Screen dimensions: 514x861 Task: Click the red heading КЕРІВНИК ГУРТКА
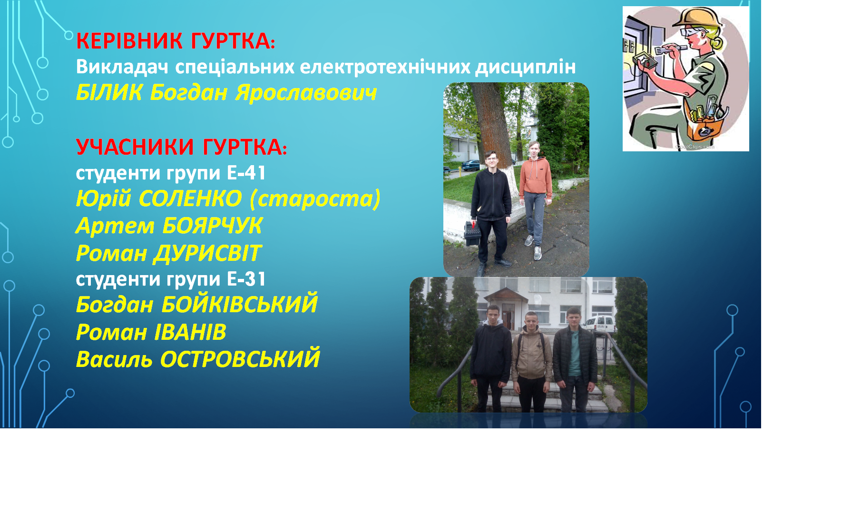point(175,41)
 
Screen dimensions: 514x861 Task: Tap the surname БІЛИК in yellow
point(109,92)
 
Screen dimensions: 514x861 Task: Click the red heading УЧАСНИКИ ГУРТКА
point(181,147)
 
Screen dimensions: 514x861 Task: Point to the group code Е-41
point(246,173)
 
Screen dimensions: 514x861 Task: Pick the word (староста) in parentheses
point(315,199)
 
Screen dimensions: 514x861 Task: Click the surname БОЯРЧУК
point(212,226)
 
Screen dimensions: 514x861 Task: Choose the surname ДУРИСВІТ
point(207,253)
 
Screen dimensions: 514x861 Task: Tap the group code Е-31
point(246,279)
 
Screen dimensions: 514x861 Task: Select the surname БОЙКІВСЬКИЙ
point(239,305)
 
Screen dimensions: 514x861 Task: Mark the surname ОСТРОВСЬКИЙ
point(240,359)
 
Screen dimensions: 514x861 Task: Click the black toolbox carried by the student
point(472,233)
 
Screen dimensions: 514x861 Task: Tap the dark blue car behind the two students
point(470,165)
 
